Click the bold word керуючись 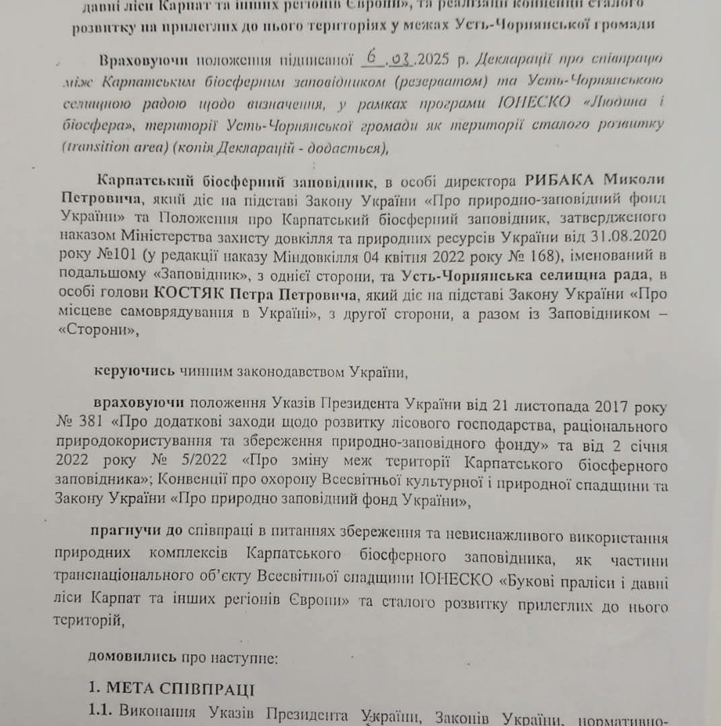pos(135,371)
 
